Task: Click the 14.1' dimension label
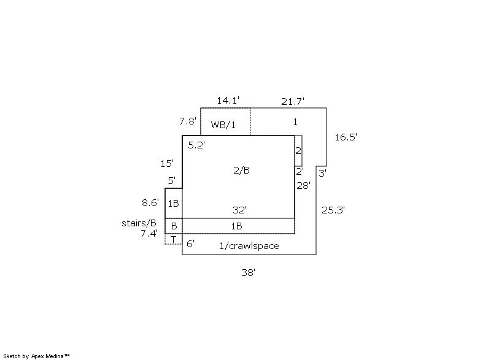(228, 101)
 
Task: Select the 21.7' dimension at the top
(293, 102)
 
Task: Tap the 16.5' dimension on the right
(346, 137)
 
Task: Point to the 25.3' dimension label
(333, 210)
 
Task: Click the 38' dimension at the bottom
(249, 273)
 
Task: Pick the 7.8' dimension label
(188, 121)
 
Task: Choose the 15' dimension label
(167, 164)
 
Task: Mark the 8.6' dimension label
(150, 202)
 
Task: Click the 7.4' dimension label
(149, 233)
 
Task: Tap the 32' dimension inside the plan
(239, 210)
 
